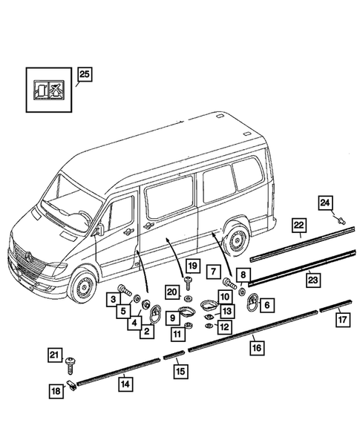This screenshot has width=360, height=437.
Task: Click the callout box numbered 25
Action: [x=85, y=74]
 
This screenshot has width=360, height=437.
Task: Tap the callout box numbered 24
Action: [x=325, y=203]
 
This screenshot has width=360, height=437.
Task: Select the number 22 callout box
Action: [x=299, y=226]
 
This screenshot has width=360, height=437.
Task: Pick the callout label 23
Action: [x=313, y=280]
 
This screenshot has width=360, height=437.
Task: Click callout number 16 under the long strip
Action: [x=257, y=347]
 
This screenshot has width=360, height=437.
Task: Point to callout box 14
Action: [x=125, y=384]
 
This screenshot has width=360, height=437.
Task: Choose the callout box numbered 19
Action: [x=193, y=266]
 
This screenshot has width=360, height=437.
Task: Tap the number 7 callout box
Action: [x=214, y=272]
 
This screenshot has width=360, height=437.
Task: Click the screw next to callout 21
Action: [x=70, y=366]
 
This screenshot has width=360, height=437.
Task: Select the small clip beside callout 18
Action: [x=72, y=386]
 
